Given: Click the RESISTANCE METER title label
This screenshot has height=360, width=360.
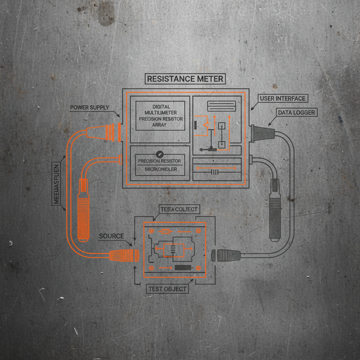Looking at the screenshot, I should pos(185,79).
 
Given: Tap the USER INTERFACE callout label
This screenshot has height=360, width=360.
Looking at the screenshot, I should pos(283,98).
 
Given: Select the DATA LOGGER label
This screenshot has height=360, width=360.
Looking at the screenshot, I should pos(296,112).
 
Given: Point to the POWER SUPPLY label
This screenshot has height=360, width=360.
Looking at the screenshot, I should pos(90,107).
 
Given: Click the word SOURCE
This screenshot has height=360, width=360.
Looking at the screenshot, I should pos(111,236).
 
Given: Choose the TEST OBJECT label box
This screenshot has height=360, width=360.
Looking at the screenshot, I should pos(167,289).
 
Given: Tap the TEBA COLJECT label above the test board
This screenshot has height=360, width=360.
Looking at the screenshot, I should pos(179,210).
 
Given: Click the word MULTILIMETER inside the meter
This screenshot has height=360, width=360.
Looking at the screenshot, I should pos(161,113).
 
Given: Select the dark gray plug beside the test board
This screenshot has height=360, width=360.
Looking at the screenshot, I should pos(226,255).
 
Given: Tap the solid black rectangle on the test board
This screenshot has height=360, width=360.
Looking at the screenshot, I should pos(182,268).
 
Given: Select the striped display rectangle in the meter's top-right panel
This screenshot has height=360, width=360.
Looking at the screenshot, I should pos(221,106).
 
